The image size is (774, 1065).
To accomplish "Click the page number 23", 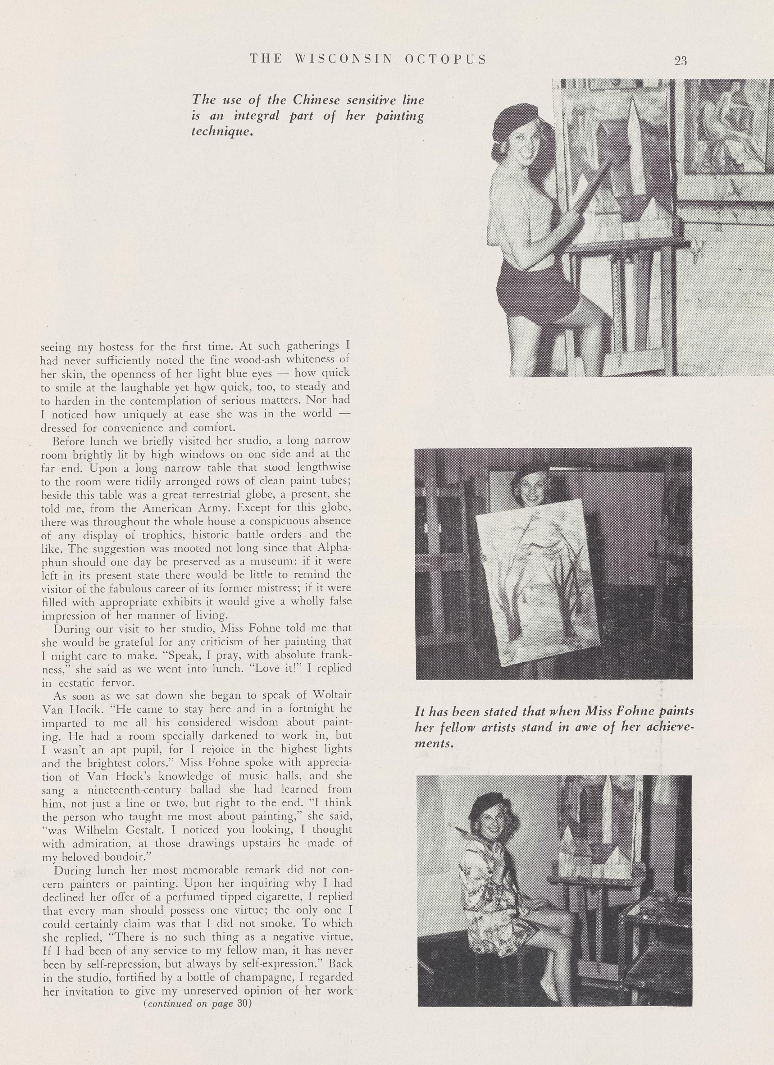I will click(681, 61).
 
